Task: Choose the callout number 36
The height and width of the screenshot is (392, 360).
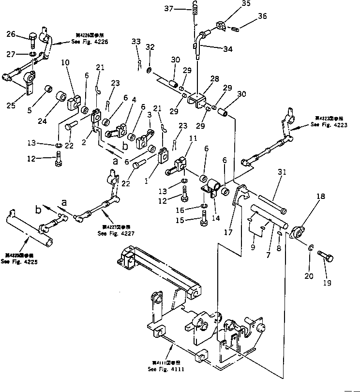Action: (x=262, y=16)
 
